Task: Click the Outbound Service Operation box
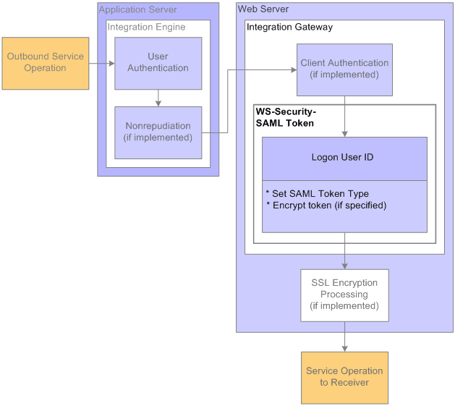click(x=46, y=63)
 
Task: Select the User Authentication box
click(x=158, y=63)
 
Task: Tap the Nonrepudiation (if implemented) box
click(x=158, y=132)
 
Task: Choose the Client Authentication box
click(x=344, y=69)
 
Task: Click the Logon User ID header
click(x=344, y=158)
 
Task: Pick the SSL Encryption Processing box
click(x=344, y=295)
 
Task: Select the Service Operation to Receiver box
click(x=344, y=377)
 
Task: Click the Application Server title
click(x=137, y=10)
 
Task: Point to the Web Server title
click(x=263, y=9)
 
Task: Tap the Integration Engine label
click(x=146, y=28)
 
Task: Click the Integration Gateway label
click(x=290, y=28)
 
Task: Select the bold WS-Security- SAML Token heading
click(x=285, y=118)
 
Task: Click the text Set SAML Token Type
click(x=318, y=194)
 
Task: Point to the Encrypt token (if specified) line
click(x=326, y=206)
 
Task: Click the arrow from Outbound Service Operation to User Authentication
click(x=101, y=64)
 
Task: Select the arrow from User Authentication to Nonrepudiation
click(x=158, y=98)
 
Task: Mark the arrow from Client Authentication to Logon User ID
click(x=344, y=116)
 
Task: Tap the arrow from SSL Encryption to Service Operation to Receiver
click(x=344, y=337)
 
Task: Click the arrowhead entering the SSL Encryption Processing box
click(x=344, y=266)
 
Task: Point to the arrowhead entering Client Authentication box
click(x=293, y=70)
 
